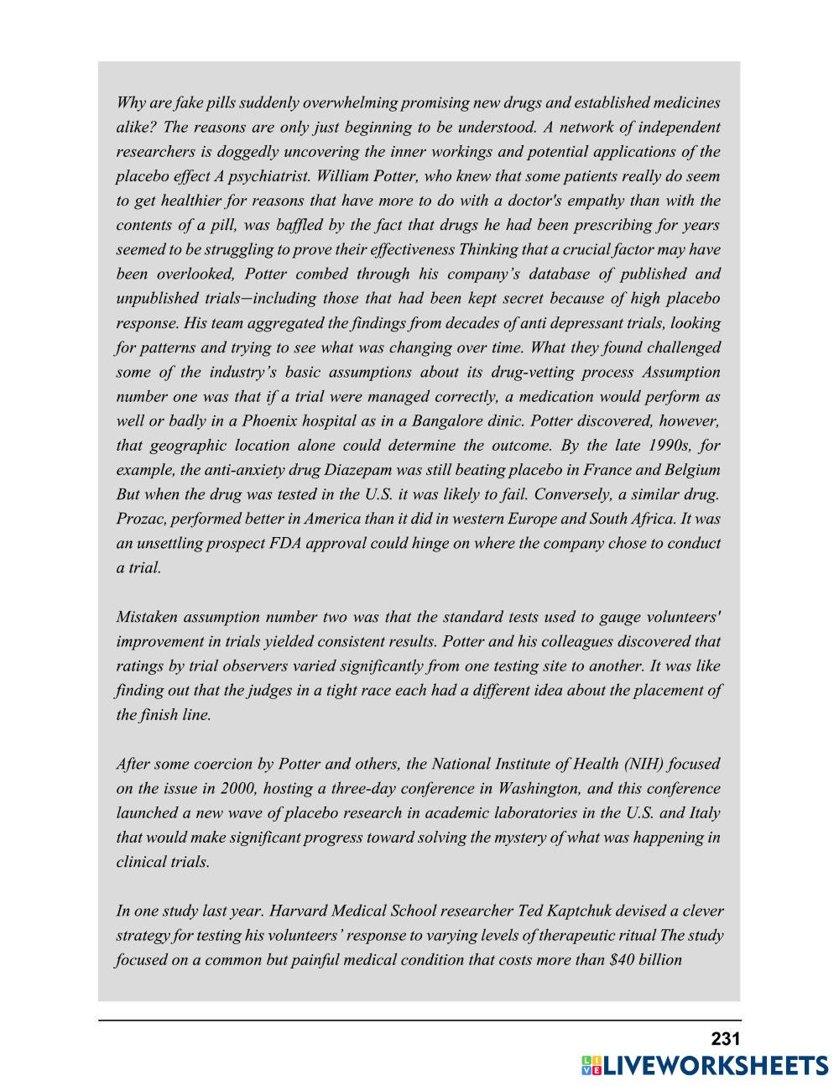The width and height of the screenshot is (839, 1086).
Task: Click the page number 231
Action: coord(725,1039)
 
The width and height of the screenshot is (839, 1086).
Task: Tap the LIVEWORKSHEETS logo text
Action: coord(715,1066)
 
